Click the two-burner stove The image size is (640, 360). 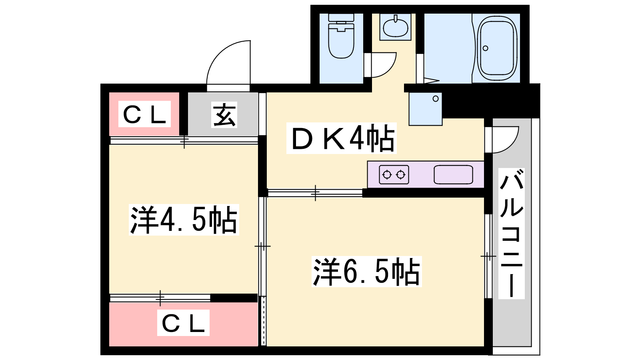coord(394,175)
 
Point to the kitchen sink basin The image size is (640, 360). coord(453,175)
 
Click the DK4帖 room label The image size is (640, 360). coord(342,138)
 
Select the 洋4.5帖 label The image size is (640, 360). coord(184,220)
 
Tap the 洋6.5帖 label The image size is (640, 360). coord(366,272)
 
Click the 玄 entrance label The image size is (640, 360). coord(224,115)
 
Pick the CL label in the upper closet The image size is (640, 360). coord(144,114)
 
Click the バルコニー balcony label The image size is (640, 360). coord(512,234)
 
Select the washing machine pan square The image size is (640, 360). coord(425,109)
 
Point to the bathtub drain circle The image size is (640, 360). coord(485,48)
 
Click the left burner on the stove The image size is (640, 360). coord(387,175)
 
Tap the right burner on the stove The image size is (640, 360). coord(401,175)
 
